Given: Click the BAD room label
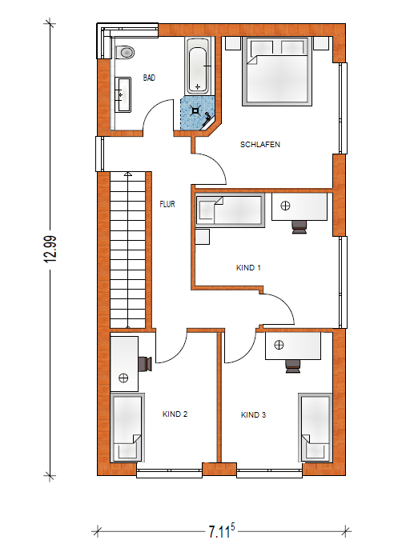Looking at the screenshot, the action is (149, 78).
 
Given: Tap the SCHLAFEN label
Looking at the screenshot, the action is (260, 144).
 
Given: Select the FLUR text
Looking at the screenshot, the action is (167, 204).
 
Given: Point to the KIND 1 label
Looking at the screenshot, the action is (248, 267).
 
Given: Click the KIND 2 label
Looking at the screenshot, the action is (175, 414).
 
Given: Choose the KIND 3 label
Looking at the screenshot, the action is (253, 414).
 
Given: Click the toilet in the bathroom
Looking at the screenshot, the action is (125, 53).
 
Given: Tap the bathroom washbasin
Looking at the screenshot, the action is (123, 94).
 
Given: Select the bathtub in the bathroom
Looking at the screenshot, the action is (198, 66).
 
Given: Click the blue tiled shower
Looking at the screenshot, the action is (198, 114).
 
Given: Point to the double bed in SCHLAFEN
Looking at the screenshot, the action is (277, 71).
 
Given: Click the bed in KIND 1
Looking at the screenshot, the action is (230, 210).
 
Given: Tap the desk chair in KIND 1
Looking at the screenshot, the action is (300, 227).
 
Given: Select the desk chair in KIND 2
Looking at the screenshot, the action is (145, 364).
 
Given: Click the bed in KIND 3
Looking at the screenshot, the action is (316, 428).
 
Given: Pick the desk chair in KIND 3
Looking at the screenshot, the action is (293, 366).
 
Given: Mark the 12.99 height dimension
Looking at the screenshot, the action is (50, 250).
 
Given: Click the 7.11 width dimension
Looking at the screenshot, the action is (221, 531).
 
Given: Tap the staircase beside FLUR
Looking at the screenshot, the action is (128, 250).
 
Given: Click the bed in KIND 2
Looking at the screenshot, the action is (127, 428).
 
